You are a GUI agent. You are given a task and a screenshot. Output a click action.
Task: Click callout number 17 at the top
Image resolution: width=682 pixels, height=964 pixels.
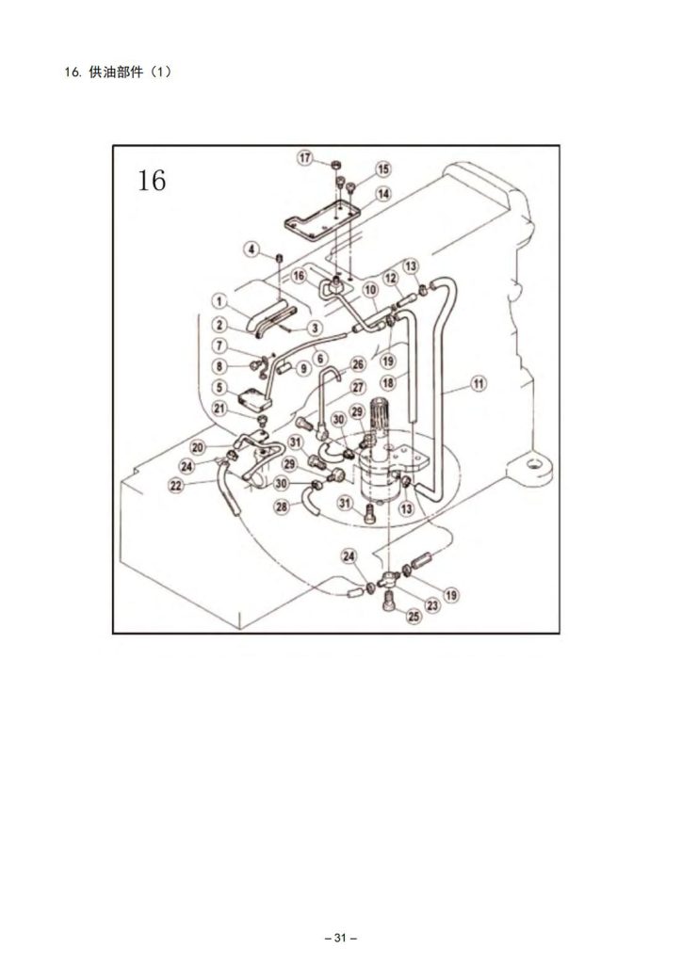click(305, 158)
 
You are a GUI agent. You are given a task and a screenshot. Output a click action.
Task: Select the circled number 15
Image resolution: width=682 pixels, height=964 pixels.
click(383, 169)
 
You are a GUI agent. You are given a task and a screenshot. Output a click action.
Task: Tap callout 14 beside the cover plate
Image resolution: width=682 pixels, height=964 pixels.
click(383, 194)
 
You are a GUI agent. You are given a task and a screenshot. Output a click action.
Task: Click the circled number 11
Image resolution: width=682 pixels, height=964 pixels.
click(479, 384)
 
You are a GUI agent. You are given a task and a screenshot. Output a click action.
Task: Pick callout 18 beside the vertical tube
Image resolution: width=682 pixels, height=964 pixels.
click(388, 382)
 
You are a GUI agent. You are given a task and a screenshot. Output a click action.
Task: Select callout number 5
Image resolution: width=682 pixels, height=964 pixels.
click(219, 387)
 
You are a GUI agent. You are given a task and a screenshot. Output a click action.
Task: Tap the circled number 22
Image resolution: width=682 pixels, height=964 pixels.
click(176, 486)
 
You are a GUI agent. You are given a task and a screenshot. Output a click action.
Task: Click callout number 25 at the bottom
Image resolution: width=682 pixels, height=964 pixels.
click(414, 616)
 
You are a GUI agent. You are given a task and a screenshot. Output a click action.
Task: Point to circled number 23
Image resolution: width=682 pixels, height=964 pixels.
click(433, 605)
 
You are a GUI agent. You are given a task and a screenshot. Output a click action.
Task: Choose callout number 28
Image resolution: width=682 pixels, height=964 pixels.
click(283, 506)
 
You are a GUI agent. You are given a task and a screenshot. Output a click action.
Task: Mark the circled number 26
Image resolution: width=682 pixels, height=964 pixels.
click(358, 364)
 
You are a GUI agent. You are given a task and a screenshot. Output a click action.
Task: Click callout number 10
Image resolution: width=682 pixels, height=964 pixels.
click(370, 290)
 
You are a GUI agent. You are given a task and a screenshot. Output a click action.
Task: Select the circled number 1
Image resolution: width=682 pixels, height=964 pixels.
click(219, 300)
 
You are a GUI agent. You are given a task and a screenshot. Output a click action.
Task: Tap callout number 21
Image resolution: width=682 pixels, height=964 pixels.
click(219, 408)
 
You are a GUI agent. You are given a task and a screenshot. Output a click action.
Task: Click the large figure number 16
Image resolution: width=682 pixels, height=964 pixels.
click(152, 180)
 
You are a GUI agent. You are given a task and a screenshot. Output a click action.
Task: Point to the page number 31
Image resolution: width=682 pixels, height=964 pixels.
click(341, 939)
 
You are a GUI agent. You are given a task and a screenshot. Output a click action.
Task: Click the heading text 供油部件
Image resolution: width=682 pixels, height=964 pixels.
click(116, 72)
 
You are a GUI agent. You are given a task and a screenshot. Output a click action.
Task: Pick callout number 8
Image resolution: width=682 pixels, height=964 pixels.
click(219, 366)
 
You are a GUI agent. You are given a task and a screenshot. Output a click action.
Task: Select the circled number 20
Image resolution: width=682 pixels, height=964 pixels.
click(198, 447)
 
